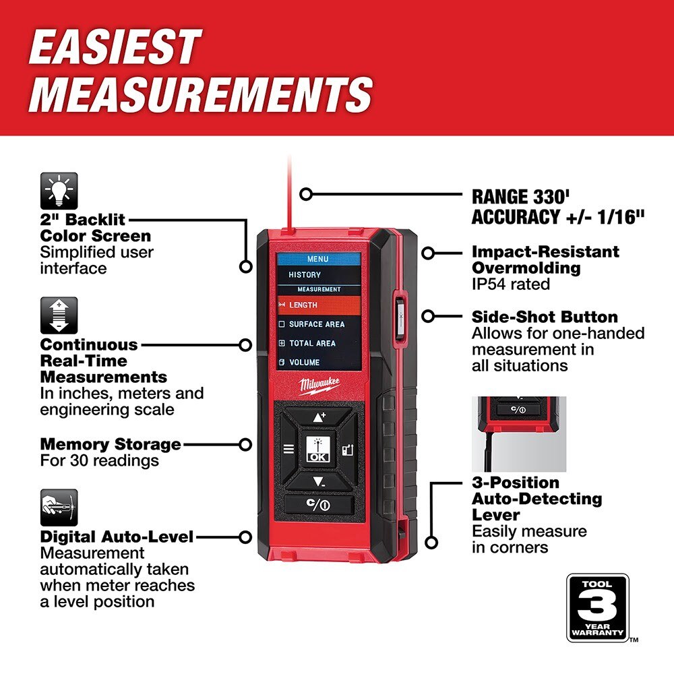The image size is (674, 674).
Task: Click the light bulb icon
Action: (x=59, y=191)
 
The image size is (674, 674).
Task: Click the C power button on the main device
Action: (x=317, y=504)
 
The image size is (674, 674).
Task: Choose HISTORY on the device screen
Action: (x=305, y=275)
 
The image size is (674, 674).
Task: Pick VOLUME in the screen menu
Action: (x=304, y=362)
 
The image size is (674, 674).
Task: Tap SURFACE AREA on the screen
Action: (x=316, y=324)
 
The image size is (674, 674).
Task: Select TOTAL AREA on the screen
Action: (x=312, y=343)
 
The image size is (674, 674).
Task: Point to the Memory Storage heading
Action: (x=111, y=444)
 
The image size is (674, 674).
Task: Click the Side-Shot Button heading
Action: (x=545, y=317)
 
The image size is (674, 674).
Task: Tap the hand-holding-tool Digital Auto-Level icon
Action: (x=59, y=507)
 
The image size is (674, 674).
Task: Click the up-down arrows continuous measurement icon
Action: (x=59, y=315)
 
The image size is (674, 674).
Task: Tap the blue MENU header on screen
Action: (x=317, y=259)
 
